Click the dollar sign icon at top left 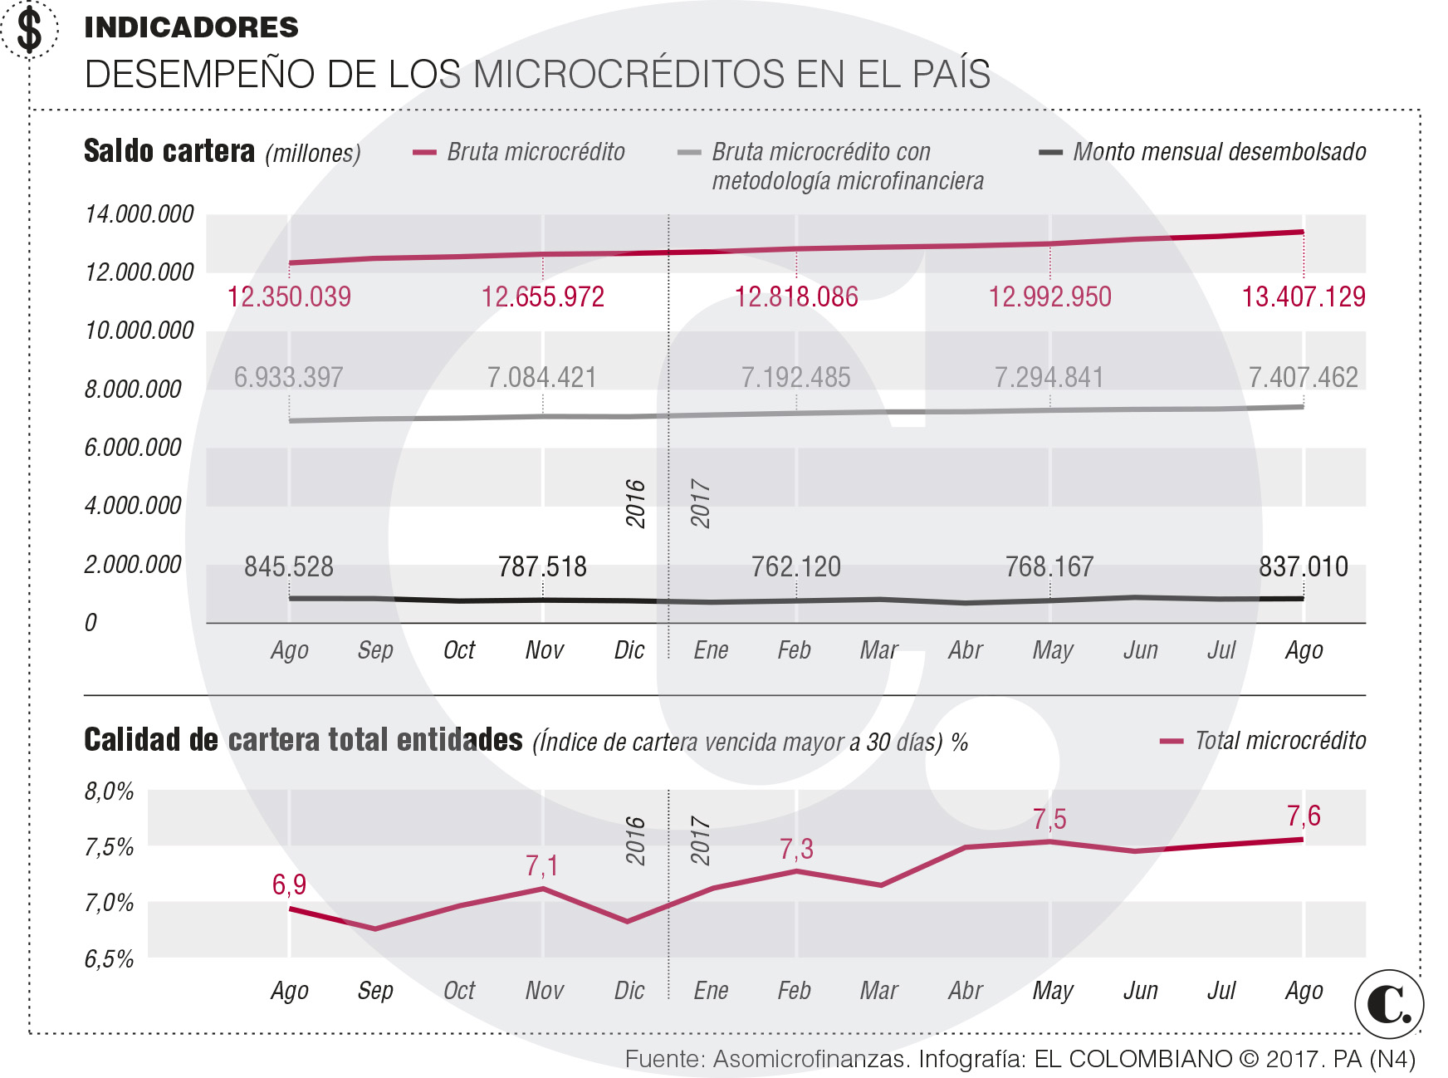[29, 30]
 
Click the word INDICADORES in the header [191, 27]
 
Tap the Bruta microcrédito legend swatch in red [424, 153]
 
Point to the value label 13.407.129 [1303, 296]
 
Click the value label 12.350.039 [289, 296]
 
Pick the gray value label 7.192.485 [795, 377]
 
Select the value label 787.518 [542, 566]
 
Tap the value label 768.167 [1049, 566]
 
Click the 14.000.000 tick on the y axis [139, 214]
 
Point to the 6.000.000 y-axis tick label [133, 448]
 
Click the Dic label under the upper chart [629, 650]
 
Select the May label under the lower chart [1053, 991]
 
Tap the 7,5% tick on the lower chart [109, 847]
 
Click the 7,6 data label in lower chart [1303, 816]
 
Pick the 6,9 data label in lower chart [289, 884]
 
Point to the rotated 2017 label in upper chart [700, 503]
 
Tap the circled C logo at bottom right [1389, 1004]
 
